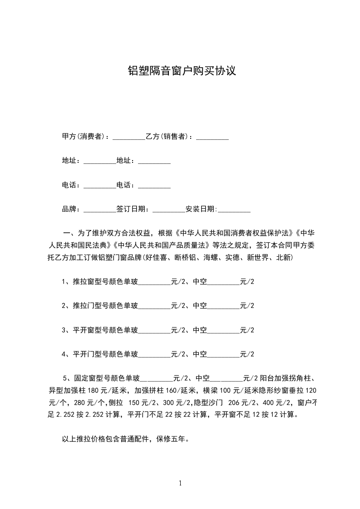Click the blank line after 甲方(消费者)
tap(128, 137)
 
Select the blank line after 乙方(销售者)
tap(212, 137)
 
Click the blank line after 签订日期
tap(169, 210)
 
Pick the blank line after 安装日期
tap(234, 210)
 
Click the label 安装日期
tap(201, 209)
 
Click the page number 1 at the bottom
tap(180, 484)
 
